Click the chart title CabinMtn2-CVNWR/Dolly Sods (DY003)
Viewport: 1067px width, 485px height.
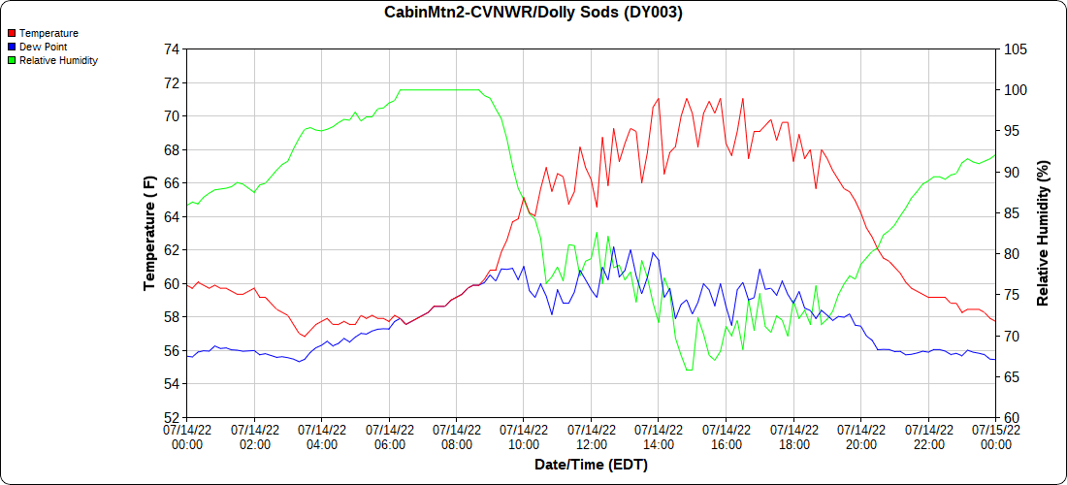(x=533, y=13)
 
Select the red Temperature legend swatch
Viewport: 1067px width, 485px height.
(x=12, y=33)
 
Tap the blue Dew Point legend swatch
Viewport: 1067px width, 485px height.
(x=12, y=47)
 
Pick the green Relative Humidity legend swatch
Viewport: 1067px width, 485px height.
(x=12, y=60)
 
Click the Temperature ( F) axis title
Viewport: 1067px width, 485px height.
(x=149, y=233)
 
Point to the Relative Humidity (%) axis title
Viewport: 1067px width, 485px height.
(x=1043, y=233)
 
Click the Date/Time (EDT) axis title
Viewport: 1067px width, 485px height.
(x=591, y=465)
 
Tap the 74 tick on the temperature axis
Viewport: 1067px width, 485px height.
(x=172, y=49)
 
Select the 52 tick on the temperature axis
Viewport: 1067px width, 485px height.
(x=172, y=418)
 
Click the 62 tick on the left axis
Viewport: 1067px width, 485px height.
(x=172, y=250)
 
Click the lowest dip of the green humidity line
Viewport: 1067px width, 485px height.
(x=689, y=370)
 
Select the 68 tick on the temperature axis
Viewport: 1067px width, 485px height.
(x=172, y=150)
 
